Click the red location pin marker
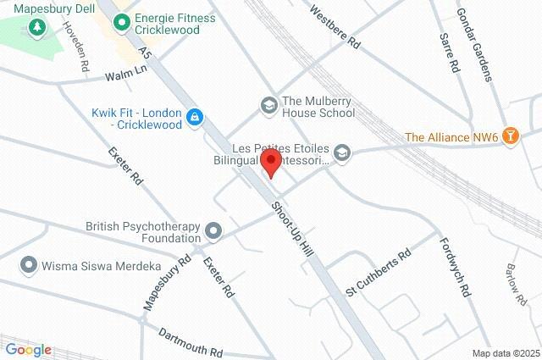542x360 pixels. pyautogui.click(x=271, y=162)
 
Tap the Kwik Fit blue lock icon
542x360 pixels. pyautogui.click(x=196, y=117)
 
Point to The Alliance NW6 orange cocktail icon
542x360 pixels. pyautogui.click(x=511, y=136)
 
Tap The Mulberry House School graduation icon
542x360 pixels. pyautogui.click(x=269, y=105)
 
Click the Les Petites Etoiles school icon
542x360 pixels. pyautogui.click(x=342, y=152)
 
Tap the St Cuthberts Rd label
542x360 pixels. pyautogui.click(x=378, y=272)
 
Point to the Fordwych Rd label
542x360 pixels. pyautogui.click(x=455, y=265)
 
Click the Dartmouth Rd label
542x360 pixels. pyautogui.click(x=190, y=341)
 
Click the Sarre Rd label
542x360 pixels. pyautogui.click(x=450, y=53)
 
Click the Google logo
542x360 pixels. pyautogui.click(x=28, y=350)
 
